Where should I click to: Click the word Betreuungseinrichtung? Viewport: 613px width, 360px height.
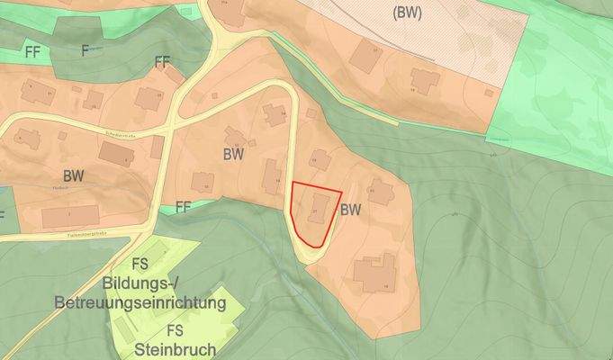(x=140, y=303)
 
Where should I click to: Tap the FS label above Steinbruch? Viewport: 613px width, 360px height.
(x=176, y=329)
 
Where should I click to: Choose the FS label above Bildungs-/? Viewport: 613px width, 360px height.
(x=140, y=264)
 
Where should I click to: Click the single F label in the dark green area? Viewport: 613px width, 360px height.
(x=86, y=49)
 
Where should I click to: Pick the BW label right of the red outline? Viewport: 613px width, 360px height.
(x=351, y=210)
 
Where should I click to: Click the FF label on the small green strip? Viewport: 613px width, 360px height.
(x=185, y=206)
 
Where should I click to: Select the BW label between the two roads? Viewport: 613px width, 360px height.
(x=234, y=153)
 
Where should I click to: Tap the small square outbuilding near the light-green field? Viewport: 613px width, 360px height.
(x=489, y=91)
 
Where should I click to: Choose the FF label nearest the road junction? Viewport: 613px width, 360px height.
(x=162, y=62)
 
